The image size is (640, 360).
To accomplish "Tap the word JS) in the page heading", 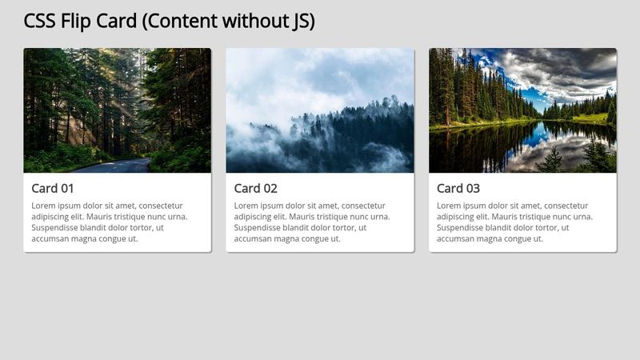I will pos(299,22).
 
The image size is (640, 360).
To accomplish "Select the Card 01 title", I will pos(53,189).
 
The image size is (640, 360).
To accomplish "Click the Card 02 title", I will pos(256,189).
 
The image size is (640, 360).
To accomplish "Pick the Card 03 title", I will pos(458,189).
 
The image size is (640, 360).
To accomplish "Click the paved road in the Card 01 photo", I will pos(120,166).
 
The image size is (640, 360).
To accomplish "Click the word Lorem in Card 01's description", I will pos(45,206).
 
